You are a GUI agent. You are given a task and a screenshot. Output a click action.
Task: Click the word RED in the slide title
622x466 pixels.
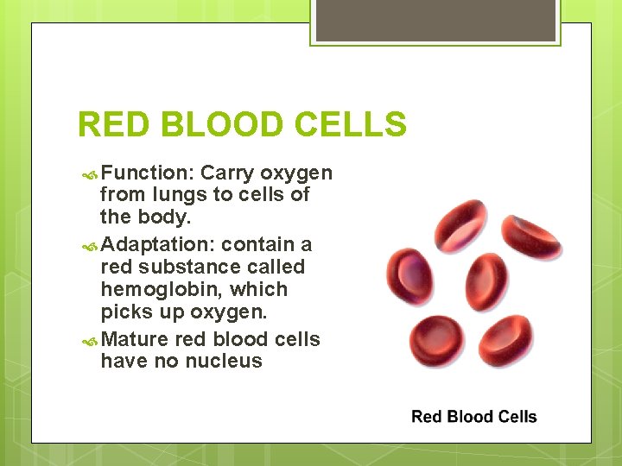112,126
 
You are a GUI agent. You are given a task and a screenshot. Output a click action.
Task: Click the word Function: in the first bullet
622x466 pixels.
147,173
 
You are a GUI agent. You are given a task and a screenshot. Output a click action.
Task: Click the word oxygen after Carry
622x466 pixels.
296,173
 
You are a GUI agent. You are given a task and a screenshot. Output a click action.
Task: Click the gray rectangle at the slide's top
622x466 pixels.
435,20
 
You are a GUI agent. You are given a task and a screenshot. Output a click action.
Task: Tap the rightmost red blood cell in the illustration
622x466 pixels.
533,236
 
